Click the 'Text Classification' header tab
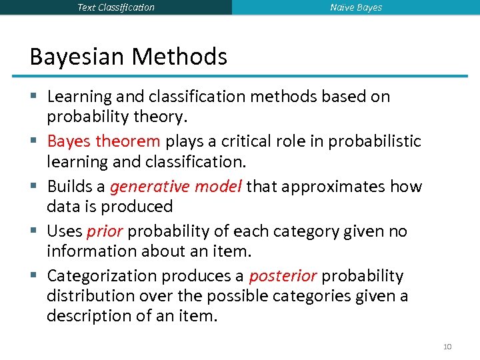point(115,7)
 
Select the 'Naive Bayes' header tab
point(356,7)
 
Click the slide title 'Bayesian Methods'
point(128,57)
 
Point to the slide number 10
point(447,346)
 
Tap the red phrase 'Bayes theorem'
point(103,141)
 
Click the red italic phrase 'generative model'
point(176,186)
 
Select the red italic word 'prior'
point(104,231)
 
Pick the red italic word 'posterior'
point(282,276)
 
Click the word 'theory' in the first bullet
point(159,117)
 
